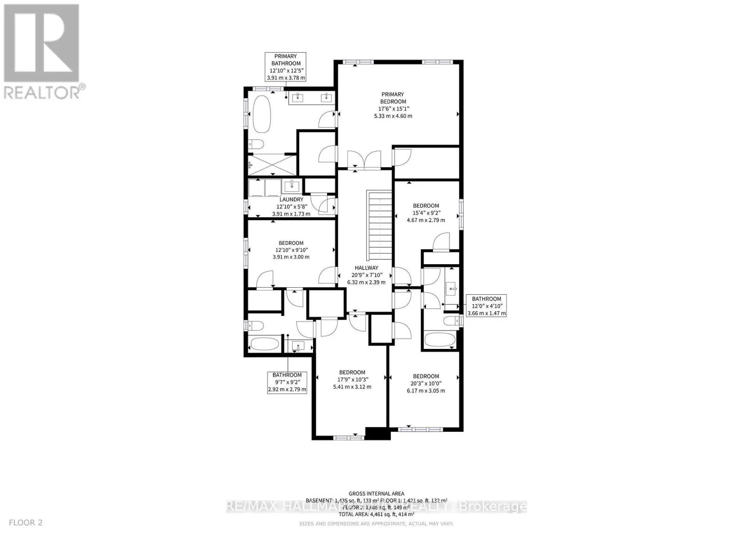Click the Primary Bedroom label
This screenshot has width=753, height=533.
[393, 98]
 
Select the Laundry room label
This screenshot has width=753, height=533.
[291, 200]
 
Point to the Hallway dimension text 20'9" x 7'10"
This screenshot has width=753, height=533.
[366, 275]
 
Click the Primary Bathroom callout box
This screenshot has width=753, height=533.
[286, 67]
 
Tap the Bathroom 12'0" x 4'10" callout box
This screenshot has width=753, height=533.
[486, 306]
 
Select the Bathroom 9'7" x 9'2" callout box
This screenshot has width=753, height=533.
[287, 382]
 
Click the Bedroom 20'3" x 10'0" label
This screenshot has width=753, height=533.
[425, 376]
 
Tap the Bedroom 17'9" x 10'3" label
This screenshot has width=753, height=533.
[352, 372]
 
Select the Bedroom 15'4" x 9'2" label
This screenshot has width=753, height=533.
[425, 206]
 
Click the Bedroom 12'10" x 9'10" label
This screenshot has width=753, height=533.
[290, 243]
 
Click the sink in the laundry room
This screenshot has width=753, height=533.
[292, 186]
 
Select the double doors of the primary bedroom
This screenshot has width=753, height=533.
[363, 159]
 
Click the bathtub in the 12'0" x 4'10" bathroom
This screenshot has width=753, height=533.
[439, 339]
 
